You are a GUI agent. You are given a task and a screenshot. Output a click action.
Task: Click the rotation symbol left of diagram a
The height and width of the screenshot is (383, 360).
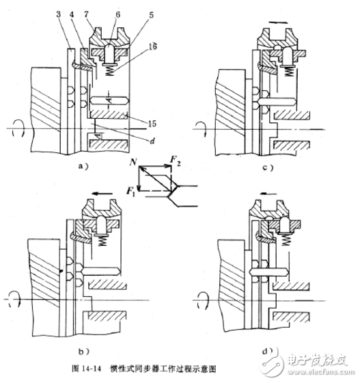[x=14, y=127]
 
